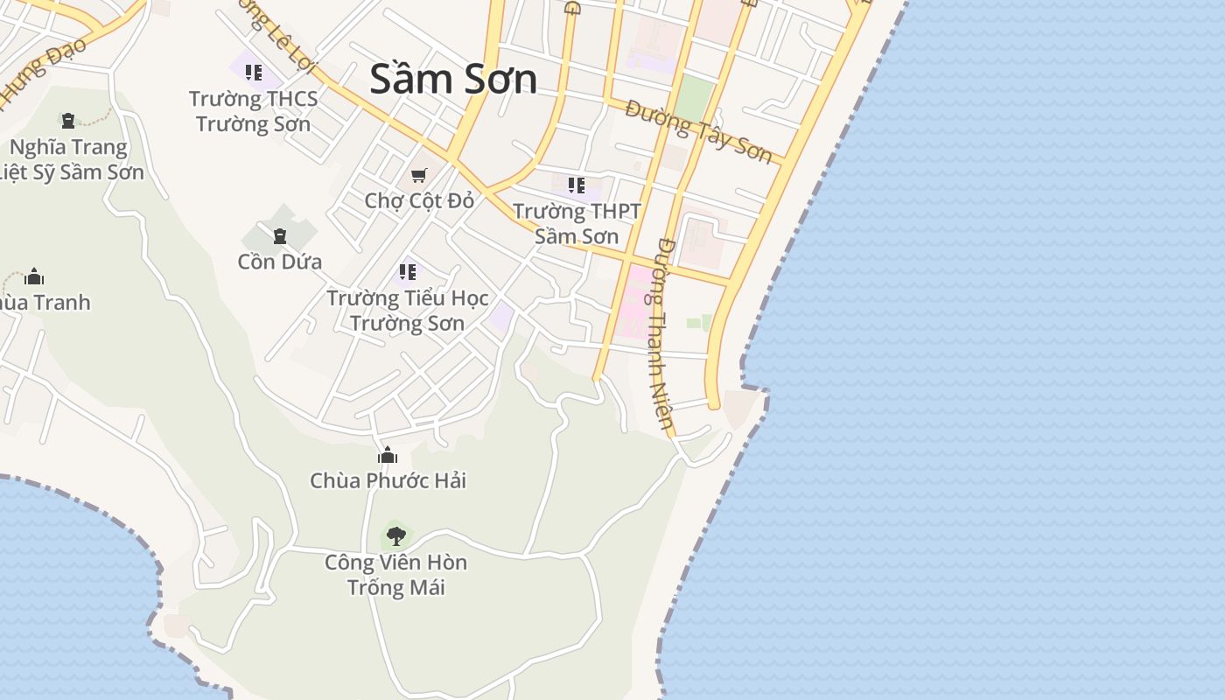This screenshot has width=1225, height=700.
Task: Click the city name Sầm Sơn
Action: (453, 79)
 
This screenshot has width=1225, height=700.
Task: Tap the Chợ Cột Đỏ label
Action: (419, 200)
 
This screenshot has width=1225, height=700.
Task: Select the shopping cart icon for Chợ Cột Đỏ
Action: (419, 176)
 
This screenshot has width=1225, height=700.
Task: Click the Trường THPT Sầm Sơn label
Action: (577, 223)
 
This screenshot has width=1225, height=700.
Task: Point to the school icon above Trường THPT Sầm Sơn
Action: (576, 185)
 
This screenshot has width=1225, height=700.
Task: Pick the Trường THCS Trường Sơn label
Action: (253, 111)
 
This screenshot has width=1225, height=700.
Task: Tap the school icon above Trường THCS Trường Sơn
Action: (254, 73)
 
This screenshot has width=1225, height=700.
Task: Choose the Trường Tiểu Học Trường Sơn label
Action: (408, 310)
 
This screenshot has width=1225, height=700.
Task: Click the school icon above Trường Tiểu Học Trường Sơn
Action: (407, 272)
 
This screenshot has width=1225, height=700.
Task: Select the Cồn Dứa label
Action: (280, 262)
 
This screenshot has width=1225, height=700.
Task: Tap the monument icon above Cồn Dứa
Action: (280, 236)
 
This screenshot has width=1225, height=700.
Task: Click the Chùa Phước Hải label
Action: (388, 480)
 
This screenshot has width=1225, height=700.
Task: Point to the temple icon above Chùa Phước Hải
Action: (388, 455)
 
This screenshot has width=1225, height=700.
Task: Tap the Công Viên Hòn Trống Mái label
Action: (395, 574)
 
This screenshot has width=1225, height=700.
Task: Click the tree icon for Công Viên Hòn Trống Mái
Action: (395, 535)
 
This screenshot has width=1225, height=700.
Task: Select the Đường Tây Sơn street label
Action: (699, 132)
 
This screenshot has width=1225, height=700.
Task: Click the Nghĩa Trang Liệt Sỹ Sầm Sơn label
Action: (70, 159)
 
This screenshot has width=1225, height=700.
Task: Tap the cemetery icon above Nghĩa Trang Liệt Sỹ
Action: (68, 121)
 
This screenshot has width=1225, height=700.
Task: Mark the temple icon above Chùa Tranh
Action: (34, 277)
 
